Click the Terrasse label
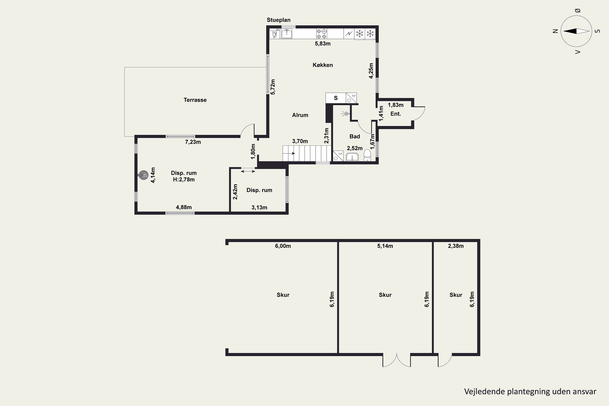[x=195, y=100]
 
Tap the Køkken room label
[x=323, y=65]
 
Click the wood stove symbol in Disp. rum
[x=144, y=175]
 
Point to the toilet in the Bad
[x=367, y=155]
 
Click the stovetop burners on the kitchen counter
[x=322, y=34]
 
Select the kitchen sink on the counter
[x=287, y=34]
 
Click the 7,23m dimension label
[x=193, y=142]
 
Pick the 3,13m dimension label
[x=259, y=207]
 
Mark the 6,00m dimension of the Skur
[x=283, y=246]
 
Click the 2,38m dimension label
[x=456, y=246]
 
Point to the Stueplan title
[x=279, y=20]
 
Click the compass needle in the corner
[x=576, y=31]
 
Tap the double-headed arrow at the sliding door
[x=248, y=171]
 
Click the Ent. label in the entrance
[x=396, y=114]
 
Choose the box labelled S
[x=336, y=98]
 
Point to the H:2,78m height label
[x=184, y=179]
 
